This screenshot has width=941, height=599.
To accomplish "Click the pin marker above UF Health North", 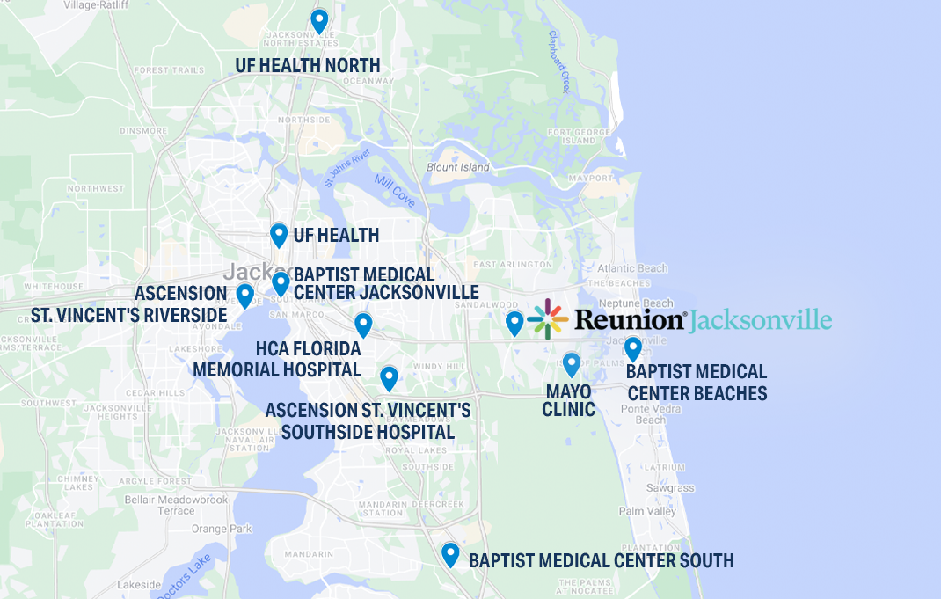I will click(x=319, y=19).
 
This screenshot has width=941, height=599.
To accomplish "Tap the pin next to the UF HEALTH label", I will click(x=279, y=234).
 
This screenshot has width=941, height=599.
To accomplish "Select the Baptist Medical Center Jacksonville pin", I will click(x=281, y=282).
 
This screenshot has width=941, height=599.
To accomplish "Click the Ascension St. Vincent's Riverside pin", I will click(x=245, y=295).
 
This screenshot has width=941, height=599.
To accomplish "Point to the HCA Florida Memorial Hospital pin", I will click(x=363, y=325).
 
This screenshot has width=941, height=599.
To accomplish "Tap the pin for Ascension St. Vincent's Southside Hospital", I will click(x=389, y=377).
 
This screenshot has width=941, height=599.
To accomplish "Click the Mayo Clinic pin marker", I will click(x=572, y=363).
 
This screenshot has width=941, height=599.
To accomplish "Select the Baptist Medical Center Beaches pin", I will click(x=632, y=348).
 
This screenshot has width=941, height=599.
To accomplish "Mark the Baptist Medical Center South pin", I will click(x=450, y=553).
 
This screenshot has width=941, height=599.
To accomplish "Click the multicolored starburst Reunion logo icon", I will click(x=548, y=319).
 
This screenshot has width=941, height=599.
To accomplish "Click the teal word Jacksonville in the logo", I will click(x=761, y=319).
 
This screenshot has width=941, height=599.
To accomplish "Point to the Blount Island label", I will click(x=457, y=167).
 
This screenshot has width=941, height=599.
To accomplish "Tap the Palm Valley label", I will click(x=647, y=511).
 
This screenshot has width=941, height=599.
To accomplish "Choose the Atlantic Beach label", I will click(x=631, y=268).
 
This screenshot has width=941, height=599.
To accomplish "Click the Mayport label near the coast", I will click(x=590, y=178).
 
